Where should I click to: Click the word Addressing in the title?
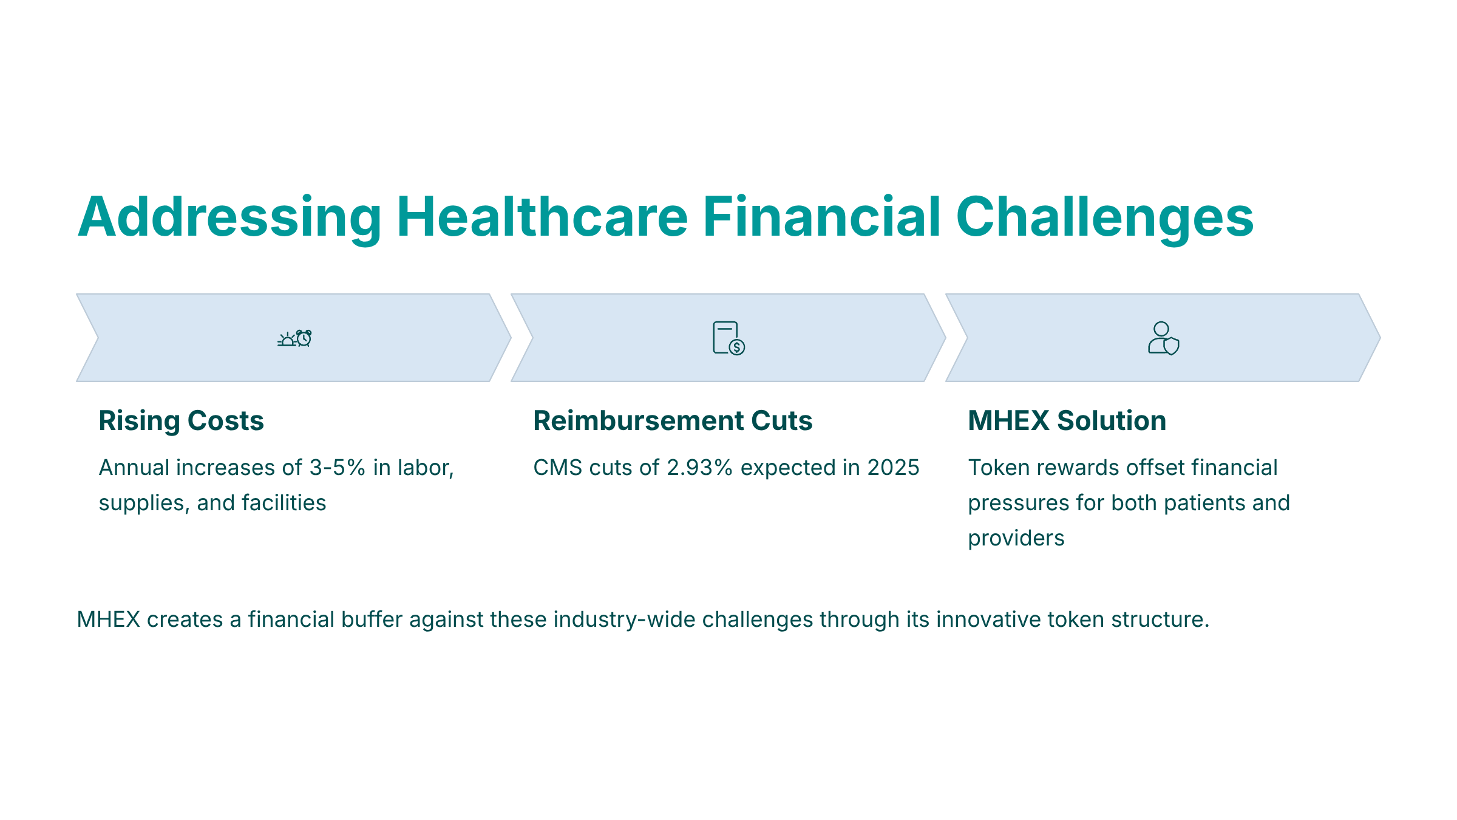[230, 218]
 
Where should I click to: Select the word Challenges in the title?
[1105, 218]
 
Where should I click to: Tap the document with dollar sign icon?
[728, 338]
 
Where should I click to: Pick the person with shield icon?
[1163, 338]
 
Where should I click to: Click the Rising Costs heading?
[181, 421]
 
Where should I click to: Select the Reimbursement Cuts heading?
[673, 421]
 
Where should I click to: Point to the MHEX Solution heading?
[1067, 421]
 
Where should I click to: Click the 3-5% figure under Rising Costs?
[338, 468]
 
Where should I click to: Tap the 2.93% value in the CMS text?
[700, 468]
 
